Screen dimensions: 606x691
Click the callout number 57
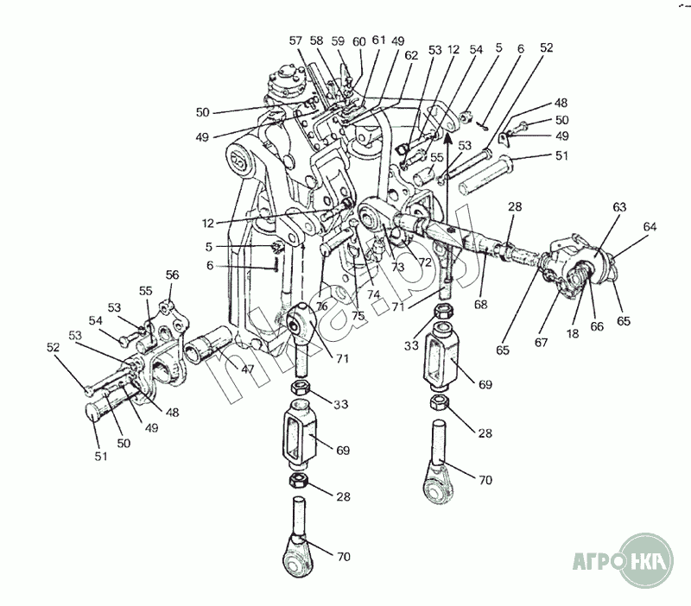[x=295, y=41]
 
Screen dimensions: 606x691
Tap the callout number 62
[x=410, y=55]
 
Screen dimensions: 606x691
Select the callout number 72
[x=424, y=260]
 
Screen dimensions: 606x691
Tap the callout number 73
[x=398, y=267]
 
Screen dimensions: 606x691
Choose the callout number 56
[x=173, y=275]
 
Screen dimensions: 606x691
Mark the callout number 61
[x=377, y=41]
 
